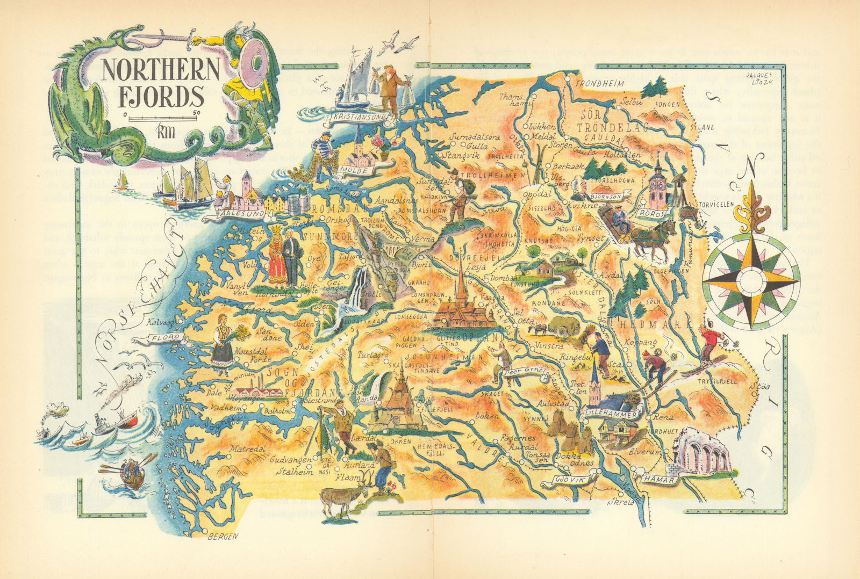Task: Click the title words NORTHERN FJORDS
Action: tap(153, 83)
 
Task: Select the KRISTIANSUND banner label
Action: tap(360, 116)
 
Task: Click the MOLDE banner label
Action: tap(356, 170)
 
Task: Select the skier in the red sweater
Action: tap(712, 339)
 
